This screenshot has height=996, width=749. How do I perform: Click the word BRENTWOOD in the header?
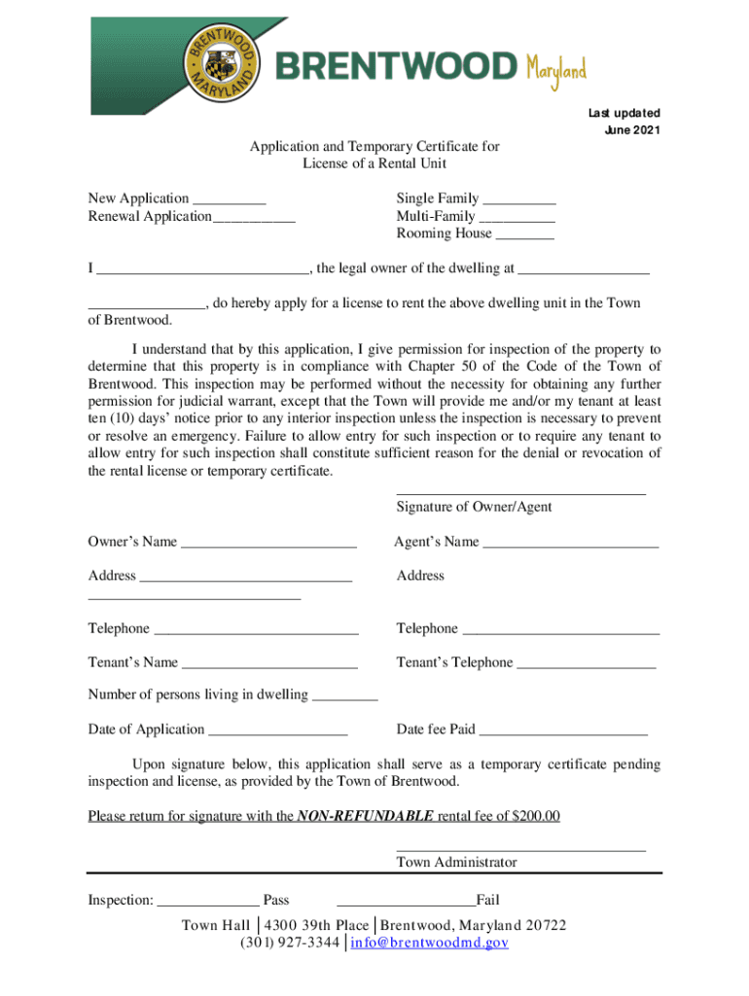click(398, 67)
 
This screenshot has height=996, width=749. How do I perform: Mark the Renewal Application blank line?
click(254, 218)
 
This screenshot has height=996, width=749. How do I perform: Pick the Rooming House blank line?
click(524, 235)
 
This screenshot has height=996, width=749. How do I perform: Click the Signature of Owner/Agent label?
click(474, 507)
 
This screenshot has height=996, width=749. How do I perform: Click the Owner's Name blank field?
click(268, 544)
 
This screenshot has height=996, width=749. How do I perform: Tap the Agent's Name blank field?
click(571, 544)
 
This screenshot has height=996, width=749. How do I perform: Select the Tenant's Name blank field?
click(269, 664)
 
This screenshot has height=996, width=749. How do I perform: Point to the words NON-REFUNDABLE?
click(366, 816)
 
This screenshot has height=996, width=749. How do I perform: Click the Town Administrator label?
click(456, 862)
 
